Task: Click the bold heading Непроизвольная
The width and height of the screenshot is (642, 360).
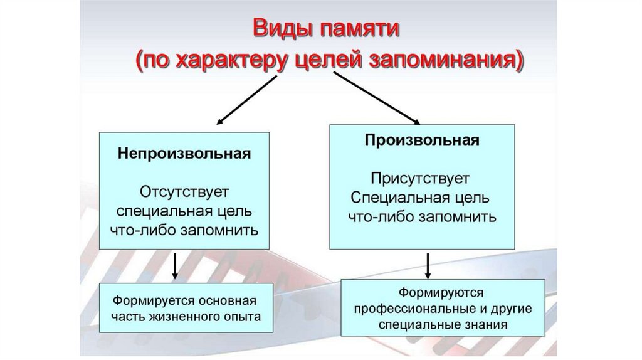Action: [184, 154]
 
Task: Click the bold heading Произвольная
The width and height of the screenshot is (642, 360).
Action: [423, 139]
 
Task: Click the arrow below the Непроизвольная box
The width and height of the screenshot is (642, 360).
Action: [176, 266]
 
